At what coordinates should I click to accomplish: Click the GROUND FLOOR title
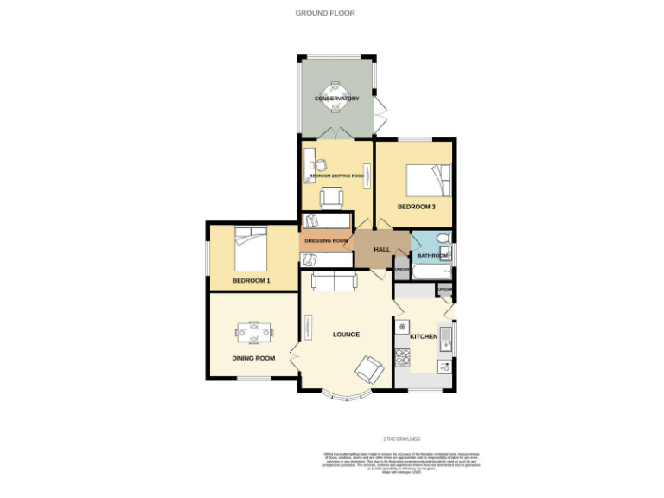pyautogui.click(x=325, y=13)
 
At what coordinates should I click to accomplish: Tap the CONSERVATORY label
pyautogui.click(x=336, y=99)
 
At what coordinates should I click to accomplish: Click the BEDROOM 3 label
pyautogui.click(x=416, y=207)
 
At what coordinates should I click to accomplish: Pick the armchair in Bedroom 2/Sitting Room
pyautogui.click(x=332, y=198)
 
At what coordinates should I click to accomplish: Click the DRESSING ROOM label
pyautogui.click(x=327, y=240)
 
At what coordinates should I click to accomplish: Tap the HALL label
pyautogui.click(x=381, y=250)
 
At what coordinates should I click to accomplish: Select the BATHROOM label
pyautogui.click(x=432, y=256)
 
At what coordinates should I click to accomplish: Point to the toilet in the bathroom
pyautogui.click(x=443, y=239)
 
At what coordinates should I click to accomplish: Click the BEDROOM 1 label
pyautogui.click(x=251, y=281)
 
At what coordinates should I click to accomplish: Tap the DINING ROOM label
pyautogui.click(x=252, y=358)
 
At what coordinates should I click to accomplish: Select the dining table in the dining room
pyautogui.click(x=254, y=332)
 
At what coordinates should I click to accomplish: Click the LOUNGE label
pyautogui.click(x=346, y=335)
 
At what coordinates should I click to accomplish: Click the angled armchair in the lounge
pyautogui.click(x=369, y=369)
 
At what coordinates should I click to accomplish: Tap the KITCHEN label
pyautogui.click(x=423, y=335)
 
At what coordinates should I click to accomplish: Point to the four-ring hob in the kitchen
pyautogui.click(x=403, y=355)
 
